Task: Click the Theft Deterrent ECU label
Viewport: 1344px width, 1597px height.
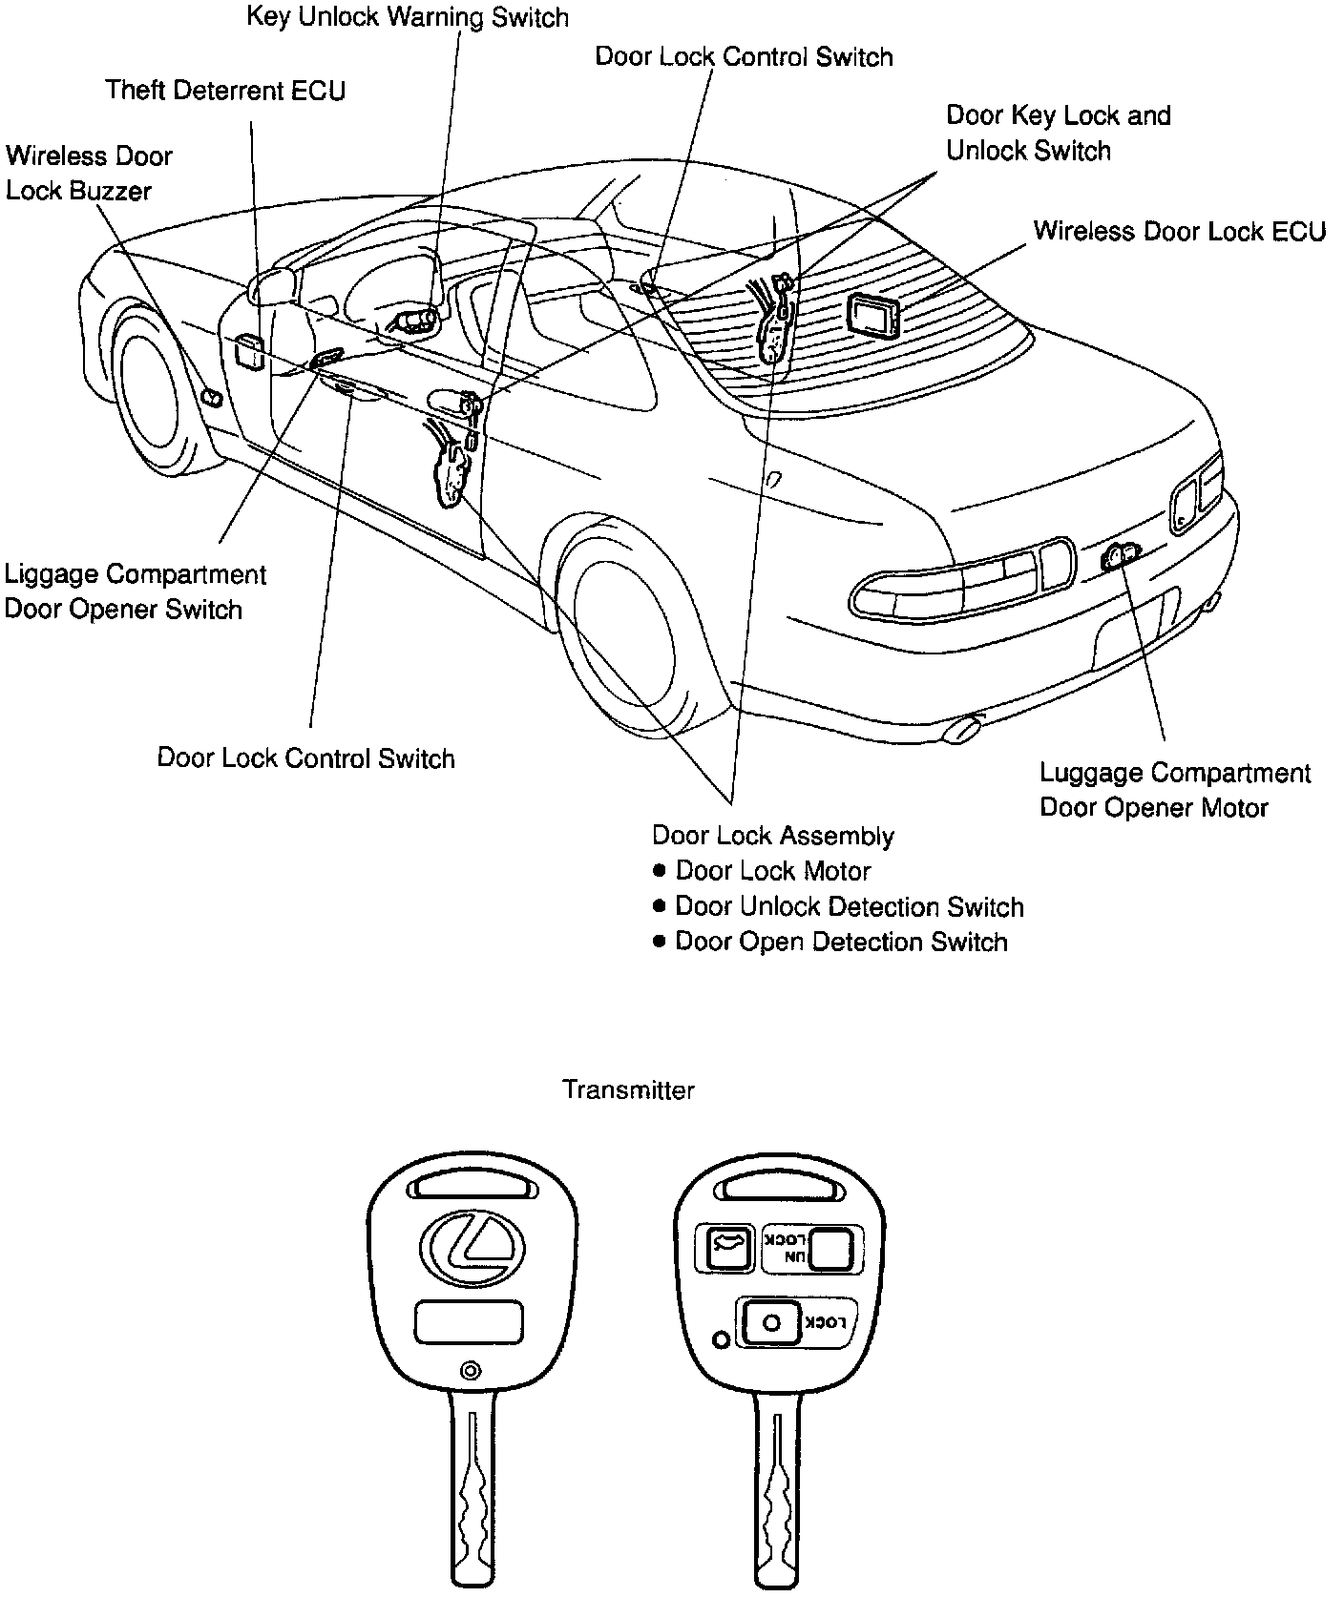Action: click(x=225, y=91)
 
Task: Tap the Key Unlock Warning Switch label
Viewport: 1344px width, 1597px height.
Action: click(x=408, y=17)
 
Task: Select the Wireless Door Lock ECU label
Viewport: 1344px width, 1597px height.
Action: click(x=1179, y=232)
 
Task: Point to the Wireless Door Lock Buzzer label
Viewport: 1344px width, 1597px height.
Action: click(x=89, y=174)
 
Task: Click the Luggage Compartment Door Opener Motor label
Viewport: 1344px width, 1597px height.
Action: click(x=1175, y=790)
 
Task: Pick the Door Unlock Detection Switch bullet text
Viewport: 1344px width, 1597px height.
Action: click(x=849, y=906)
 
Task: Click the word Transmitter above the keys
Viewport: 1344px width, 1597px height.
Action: click(x=628, y=1089)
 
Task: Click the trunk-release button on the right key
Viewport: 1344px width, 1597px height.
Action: click(x=725, y=1248)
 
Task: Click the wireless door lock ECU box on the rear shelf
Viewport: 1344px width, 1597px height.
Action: click(x=873, y=315)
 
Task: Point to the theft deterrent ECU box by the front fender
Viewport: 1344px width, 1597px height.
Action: click(x=248, y=350)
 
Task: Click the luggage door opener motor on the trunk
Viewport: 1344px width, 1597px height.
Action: click(x=1116, y=554)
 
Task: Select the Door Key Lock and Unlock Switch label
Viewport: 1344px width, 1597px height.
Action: click(x=1057, y=133)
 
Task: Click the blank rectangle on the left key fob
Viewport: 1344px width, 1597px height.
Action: click(x=469, y=1323)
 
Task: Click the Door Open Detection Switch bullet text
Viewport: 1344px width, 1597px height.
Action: click(x=841, y=942)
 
